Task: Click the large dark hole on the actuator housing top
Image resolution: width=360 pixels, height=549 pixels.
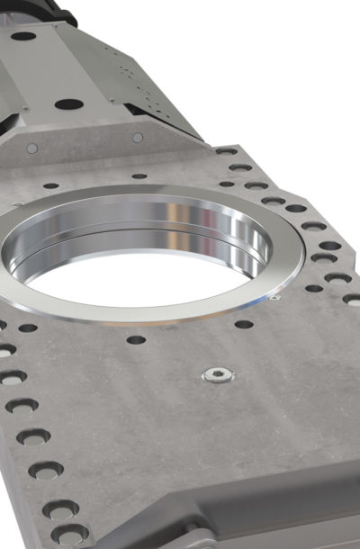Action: pos(68,103)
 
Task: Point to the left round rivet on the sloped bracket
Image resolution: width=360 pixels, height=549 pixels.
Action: pos(32,148)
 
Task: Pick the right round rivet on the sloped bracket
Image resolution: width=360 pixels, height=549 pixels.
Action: pos(138,138)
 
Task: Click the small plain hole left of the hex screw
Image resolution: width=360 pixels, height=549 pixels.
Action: pos(136,340)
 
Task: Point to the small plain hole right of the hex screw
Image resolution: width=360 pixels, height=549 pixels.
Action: pos(244,324)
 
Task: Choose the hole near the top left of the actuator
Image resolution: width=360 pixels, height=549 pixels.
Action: pos(23,37)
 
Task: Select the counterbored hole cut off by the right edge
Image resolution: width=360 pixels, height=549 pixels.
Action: pos(352,299)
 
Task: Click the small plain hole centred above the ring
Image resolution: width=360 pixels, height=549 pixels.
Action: pos(139,176)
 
